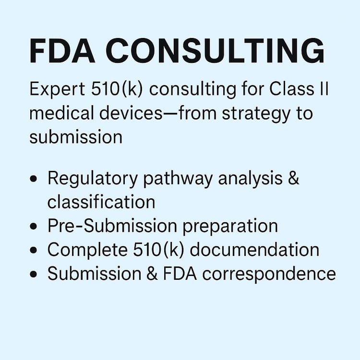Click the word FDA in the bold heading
(x=62, y=50)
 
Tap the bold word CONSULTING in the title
(x=215, y=50)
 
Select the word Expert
(x=57, y=90)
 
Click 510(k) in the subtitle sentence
(x=117, y=89)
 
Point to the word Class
(x=292, y=89)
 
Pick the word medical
(x=62, y=113)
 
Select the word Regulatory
(x=93, y=179)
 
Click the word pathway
(x=178, y=179)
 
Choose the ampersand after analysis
(x=293, y=178)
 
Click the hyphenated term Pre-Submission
(x=112, y=226)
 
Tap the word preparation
(x=230, y=227)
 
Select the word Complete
(x=87, y=250)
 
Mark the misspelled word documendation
(x=254, y=249)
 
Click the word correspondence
(x=269, y=274)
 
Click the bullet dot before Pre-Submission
(x=33, y=226)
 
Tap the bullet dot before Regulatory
(x=33, y=179)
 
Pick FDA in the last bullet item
(x=180, y=273)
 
